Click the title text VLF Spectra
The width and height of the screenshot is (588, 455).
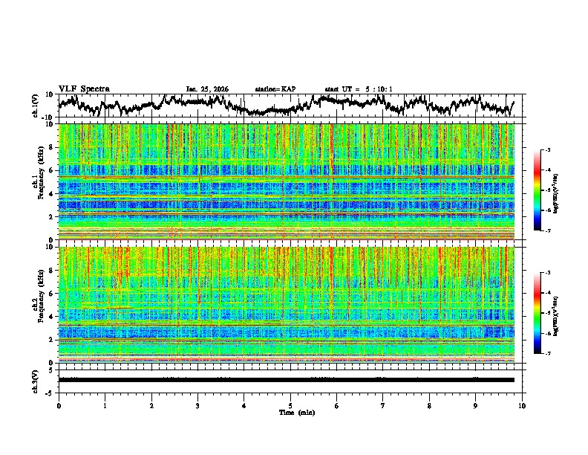pos(84,88)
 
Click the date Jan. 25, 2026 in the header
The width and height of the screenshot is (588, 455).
pos(207,89)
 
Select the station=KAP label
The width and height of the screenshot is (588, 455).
pos(275,89)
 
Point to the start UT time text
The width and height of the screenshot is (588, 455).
pos(359,89)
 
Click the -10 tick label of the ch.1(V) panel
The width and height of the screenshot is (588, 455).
pos(48,117)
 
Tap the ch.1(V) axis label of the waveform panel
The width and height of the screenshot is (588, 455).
pos(36,106)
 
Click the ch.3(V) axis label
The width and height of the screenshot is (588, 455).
pos(36,380)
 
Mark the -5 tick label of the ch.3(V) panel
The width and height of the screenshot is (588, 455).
pos(50,391)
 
